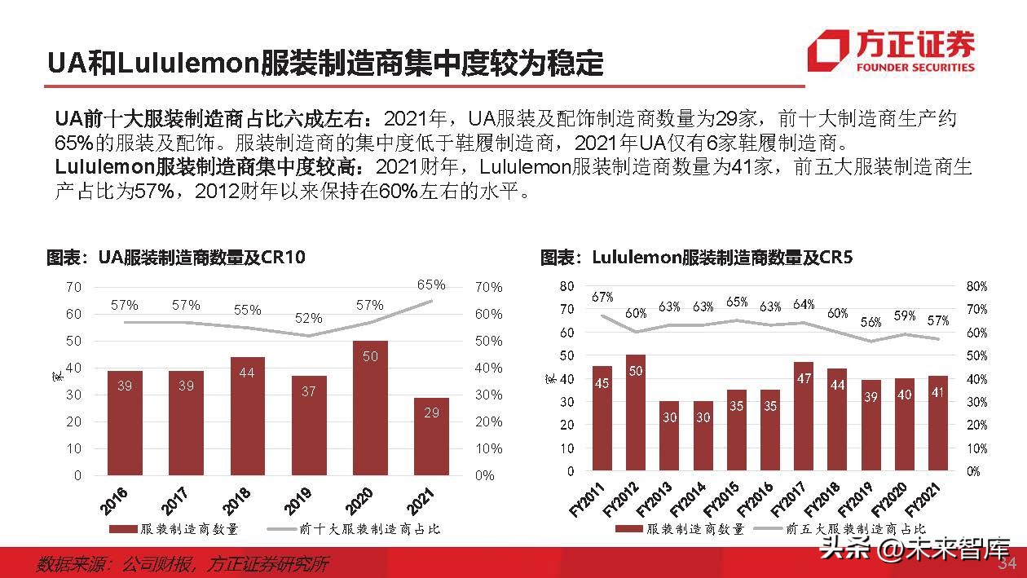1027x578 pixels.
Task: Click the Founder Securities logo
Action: click(x=891, y=51)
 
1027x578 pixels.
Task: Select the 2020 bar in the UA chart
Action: click(x=370, y=407)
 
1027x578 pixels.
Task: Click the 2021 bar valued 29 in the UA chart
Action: click(x=431, y=435)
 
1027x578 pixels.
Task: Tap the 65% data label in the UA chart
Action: click(x=431, y=285)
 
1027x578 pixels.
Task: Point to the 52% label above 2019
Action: click(x=308, y=318)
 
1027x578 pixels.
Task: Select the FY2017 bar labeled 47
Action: click(x=804, y=417)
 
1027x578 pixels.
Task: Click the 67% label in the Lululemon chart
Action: click(x=602, y=297)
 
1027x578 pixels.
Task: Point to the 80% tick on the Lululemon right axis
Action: click(x=976, y=287)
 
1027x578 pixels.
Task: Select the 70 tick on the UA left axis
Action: click(x=73, y=287)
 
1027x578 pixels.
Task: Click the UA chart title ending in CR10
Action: click(x=175, y=258)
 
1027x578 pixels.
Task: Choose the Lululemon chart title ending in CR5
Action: click(x=696, y=258)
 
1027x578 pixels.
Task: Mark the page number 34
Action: click(x=1007, y=564)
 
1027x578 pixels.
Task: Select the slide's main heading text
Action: click(x=324, y=63)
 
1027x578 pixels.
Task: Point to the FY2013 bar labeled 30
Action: click(x=669, y=436)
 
